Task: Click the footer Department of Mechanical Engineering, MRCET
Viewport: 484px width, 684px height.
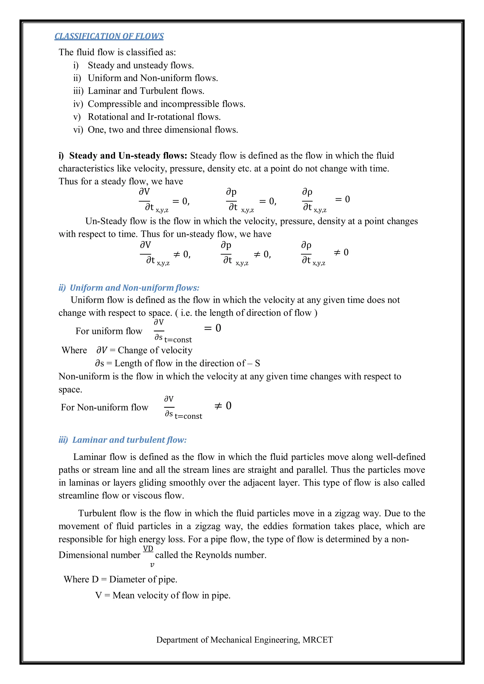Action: (x=244, y=640)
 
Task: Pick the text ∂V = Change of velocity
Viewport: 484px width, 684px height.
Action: (x=144, y=350)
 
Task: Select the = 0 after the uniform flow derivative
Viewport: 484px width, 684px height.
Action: (x=212, y=328)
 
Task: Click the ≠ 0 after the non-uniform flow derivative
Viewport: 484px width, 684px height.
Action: (x=223, y=406)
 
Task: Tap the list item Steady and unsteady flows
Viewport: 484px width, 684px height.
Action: (x=141, y=65)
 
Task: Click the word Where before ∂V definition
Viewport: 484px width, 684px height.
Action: (x=74, y=350)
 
